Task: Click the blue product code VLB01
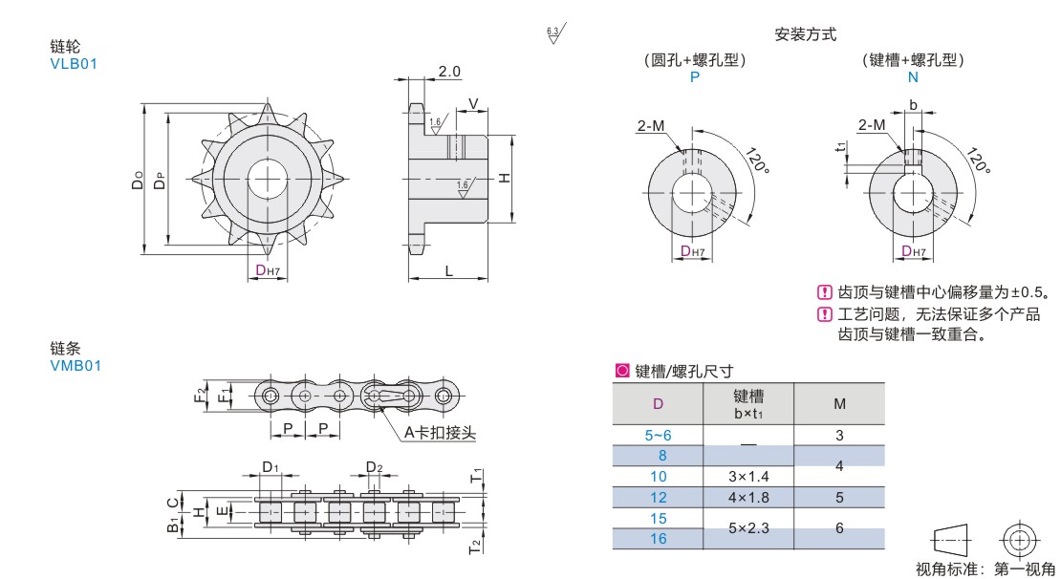pos(74,64)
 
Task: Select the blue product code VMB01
pos(76,366)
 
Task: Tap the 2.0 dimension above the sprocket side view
pos(448,71)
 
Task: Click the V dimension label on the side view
pos(473,103)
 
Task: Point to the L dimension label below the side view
pos(448,271)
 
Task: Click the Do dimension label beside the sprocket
pos(138,180)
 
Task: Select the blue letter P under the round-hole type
pos(694,77)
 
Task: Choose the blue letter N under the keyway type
pos(913,77)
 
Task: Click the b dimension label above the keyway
pos(913,105)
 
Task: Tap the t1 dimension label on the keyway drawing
pos(841,146)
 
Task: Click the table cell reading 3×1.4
pos(748,476)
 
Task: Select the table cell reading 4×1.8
pos(748,497)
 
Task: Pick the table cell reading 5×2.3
pos(748,527)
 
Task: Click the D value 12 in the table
pos(659,497)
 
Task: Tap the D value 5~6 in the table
pos(659,435)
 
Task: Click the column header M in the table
pos(840,404)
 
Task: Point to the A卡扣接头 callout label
pos(441,432)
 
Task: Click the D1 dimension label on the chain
pos(270,467)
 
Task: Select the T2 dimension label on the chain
pos(475,547)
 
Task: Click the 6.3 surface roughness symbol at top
pos(554,33)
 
